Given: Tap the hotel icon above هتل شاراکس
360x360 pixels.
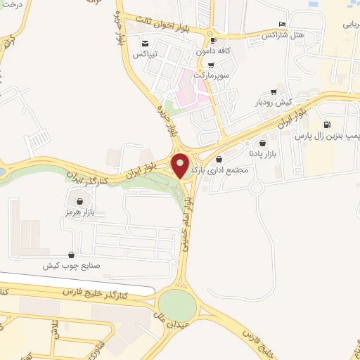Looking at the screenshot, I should (x=283, y=24).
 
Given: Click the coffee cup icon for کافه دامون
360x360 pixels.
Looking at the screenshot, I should (x=210, y=41).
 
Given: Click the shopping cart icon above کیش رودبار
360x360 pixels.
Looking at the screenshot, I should (x=274, y=92).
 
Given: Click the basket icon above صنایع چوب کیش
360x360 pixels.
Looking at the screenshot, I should (x=71, y=255).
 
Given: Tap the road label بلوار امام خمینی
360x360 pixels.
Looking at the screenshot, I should (x=188, y=224).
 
